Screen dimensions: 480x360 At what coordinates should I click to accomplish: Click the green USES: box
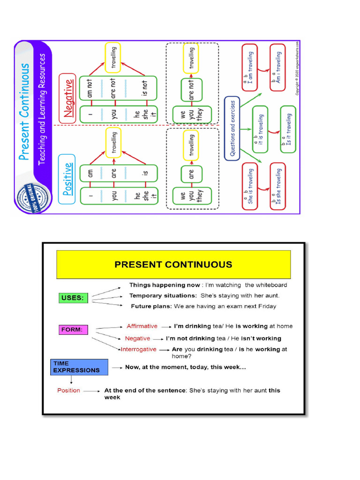(x=73, y=297)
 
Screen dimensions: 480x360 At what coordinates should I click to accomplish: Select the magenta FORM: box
(x=73, y=330)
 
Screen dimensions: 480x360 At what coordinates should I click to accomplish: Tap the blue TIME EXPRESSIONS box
(x=79, y=367)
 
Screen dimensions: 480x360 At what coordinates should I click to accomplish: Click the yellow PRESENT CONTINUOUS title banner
(x=173, y=264)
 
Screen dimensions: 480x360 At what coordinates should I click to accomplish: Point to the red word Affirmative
(x=142, y=326)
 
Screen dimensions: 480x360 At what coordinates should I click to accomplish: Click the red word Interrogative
(x=139, y=349)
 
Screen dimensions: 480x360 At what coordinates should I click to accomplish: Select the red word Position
(x=69, y=390)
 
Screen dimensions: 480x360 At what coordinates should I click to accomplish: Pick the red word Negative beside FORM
(x=138, y=338)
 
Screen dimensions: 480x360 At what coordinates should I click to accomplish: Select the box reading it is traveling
(x=260, y=129)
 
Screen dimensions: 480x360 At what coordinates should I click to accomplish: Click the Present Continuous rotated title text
(x=25, y=112)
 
